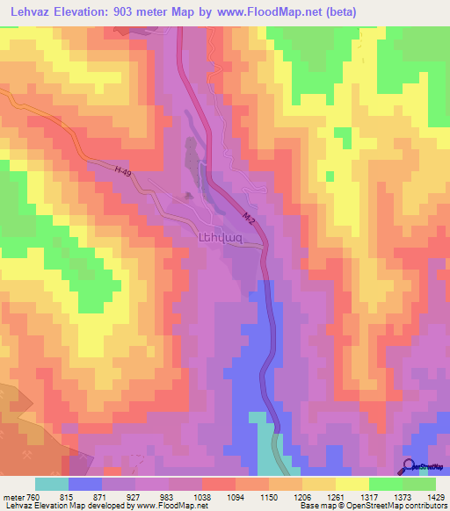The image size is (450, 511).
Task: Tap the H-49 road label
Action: (x=104, y=169)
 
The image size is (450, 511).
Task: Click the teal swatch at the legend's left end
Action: (x=52, y=484)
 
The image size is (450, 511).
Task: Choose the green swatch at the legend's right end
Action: (x=419, y=484)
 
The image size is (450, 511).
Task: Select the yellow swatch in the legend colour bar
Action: (x=352, y=484)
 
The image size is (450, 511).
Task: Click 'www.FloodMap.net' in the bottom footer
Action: (x=171, y=506)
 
